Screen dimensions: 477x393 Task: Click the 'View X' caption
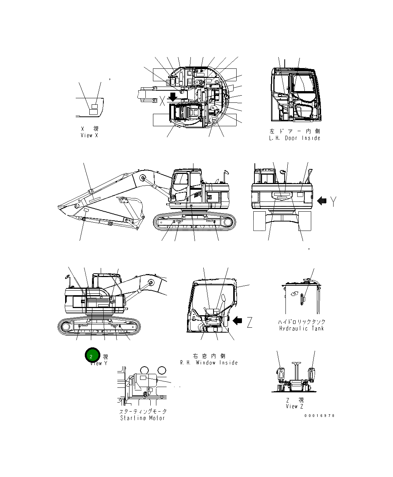[x=89, y=135]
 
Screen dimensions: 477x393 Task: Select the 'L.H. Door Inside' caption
[x=295, y=138]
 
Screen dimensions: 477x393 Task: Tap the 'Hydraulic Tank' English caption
[x=301, y=328]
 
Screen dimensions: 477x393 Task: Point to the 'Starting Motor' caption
[x=142, y=418]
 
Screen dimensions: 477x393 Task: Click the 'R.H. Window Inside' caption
[x=209, y=363]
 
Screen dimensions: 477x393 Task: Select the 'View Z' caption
[x=295, y=406]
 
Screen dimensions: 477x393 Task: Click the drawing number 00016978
[x=320, y=416]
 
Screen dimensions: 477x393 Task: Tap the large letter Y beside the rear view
[x=332, y=202]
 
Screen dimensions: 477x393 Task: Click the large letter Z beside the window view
[x=249, y=322]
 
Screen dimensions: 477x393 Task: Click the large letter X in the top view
[x=162, y=101]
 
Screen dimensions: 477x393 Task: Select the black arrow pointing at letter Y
[x=321, y=201]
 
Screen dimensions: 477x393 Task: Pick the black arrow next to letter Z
[x=237, y=321]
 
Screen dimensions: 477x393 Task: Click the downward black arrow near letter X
[x=173, y=97]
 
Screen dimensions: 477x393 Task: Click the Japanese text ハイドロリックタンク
[x=301, y=322]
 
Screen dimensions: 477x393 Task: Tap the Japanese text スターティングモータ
[x=143, y=411]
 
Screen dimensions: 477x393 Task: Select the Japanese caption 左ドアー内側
[x=295, y=132]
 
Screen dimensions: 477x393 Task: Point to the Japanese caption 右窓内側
[x=209, y=356]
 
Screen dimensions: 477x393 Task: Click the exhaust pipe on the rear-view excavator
[x=308, y=175]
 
